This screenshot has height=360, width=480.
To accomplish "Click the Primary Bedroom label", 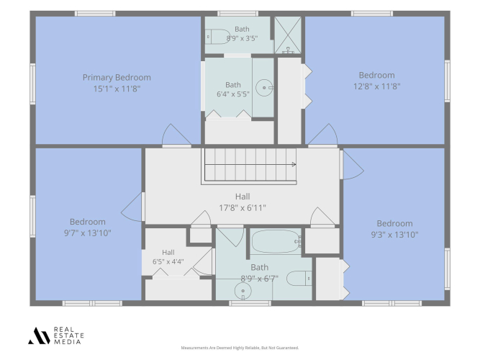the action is [x=117, y=78].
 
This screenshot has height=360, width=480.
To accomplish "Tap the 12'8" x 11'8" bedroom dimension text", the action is [x=377, y=86].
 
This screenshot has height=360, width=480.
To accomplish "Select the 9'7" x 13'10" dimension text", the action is [x=88, y=233].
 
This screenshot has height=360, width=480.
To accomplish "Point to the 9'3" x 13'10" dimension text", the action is [x=394, y=235].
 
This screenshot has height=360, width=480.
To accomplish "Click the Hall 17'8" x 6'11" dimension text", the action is [x=243, y=208].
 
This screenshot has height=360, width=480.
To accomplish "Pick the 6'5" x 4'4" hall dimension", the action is [x=168, y=262].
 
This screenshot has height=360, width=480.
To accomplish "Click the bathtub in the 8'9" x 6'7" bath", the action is [x=276, y=241].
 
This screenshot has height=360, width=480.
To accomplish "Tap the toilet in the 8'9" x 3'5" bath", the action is [x=217, y=37].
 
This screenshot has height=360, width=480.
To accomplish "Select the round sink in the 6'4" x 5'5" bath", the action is [x=264, y=88].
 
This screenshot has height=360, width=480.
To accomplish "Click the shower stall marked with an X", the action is [x=288, y=35].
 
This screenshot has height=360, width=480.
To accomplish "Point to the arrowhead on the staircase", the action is [x=294, y=165].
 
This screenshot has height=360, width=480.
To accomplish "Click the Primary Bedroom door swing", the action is [x=176, y=134].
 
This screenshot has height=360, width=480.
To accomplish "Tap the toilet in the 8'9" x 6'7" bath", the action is [x=299, y=279].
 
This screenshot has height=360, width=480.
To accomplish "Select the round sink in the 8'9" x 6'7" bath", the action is [x=243, y=291].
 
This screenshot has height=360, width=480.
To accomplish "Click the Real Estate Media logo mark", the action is [x=39, y=336].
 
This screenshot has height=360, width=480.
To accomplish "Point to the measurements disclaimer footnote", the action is [x=240, y=348].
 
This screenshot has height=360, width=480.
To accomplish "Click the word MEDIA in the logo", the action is [x=68, y=341].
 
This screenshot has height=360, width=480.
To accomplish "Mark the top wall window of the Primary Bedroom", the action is [x=95, y=14].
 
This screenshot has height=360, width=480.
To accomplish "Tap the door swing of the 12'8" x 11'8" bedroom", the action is [x=322, y=134].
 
